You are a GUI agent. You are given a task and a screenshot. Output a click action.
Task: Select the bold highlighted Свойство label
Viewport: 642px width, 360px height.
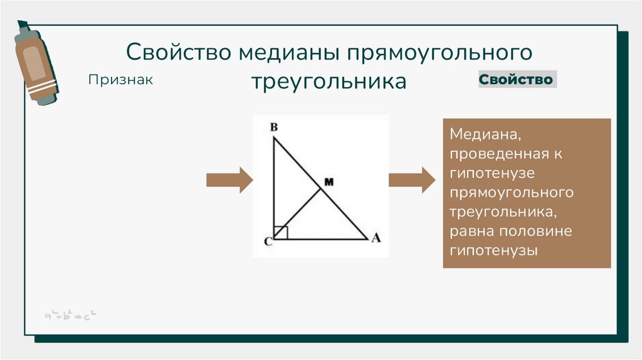517,80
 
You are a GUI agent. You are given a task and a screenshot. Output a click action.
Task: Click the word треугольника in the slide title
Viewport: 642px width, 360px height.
329,82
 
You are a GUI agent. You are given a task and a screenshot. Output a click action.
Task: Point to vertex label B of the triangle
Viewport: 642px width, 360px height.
273,127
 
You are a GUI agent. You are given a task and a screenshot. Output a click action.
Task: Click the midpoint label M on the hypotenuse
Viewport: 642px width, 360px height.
328,182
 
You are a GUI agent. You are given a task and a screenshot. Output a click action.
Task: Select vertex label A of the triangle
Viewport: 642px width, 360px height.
376,238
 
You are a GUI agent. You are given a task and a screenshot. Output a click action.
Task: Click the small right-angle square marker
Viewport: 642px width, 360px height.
281,233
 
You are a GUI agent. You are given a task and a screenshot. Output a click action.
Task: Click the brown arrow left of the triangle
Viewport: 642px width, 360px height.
229,180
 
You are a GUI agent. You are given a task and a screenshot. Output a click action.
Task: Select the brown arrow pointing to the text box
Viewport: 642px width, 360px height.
411,180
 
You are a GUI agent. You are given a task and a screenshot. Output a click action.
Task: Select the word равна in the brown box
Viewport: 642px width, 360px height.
471,231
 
